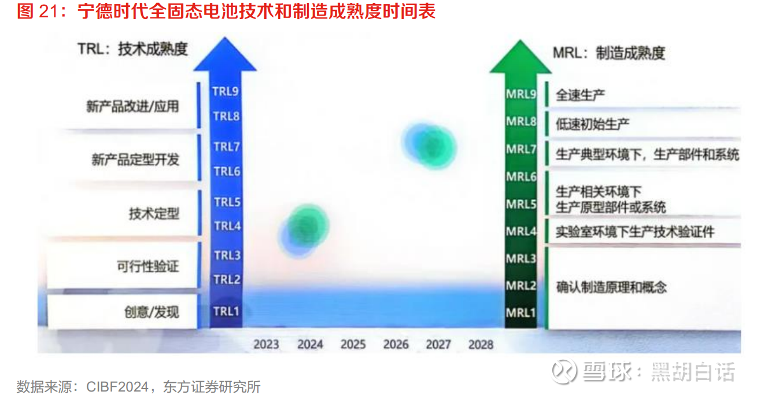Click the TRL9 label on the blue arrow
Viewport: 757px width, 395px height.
click(226, 91)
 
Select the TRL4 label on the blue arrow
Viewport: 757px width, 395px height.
click(227, 226)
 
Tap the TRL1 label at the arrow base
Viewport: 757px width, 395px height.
click(226, 311)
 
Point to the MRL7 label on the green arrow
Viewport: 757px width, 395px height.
click(521, 149)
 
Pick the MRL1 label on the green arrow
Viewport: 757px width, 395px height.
click(520, 312)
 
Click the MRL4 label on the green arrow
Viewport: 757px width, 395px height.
click(521, 231)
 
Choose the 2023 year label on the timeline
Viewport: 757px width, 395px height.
click(266, 344)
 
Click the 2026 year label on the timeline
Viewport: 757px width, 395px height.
click(396, 344)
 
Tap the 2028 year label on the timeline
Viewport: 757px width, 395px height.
click(481, 344)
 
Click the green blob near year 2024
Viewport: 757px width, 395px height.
click(308, 226)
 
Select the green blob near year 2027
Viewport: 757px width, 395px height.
click(434, 147)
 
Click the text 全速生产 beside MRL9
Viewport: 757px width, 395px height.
click(580, 95)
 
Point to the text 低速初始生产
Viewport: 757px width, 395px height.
click(592, 124)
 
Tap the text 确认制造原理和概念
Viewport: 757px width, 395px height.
click(611, 287)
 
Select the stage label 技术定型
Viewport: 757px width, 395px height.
click(154, 213)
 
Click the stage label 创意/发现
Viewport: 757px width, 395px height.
click(152, 312)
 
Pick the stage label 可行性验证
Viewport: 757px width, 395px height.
click(148, 266)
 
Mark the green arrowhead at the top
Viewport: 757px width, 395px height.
click(520, 57)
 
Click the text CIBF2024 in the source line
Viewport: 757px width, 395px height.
click(117, 387)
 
